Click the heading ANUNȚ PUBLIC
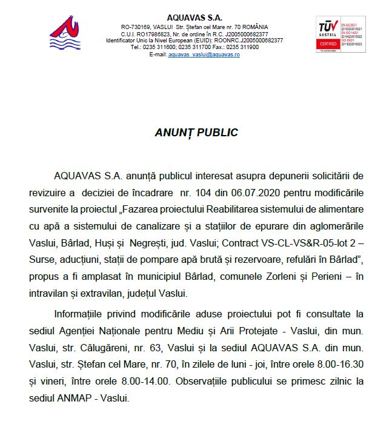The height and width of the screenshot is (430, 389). [x=194, y=133]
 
